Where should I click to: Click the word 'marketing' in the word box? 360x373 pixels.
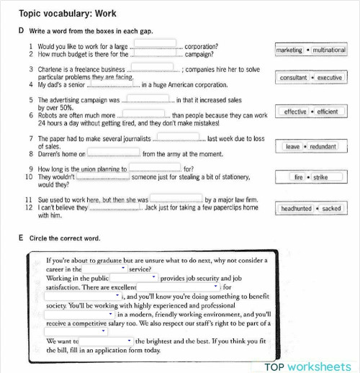point(289,50)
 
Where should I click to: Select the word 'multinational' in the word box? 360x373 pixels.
point(328,50)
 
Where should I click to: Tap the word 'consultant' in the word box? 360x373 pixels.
point(293,77)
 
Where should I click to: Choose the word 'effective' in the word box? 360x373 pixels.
point(295,112)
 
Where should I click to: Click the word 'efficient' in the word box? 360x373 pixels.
point(327,112)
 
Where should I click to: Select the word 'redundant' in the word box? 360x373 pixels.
point(323,146)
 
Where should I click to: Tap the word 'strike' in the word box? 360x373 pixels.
point(320,176)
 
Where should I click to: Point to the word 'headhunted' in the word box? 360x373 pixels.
point(297,209)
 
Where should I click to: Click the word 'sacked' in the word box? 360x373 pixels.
point(331,209)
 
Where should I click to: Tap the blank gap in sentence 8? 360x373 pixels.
point(113,153)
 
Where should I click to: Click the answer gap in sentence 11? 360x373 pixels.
point(176,199)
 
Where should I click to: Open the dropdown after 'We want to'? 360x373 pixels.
point(106,341)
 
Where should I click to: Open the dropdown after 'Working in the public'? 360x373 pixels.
point(134,277)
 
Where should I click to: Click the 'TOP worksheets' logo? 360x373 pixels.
point(310,366)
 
